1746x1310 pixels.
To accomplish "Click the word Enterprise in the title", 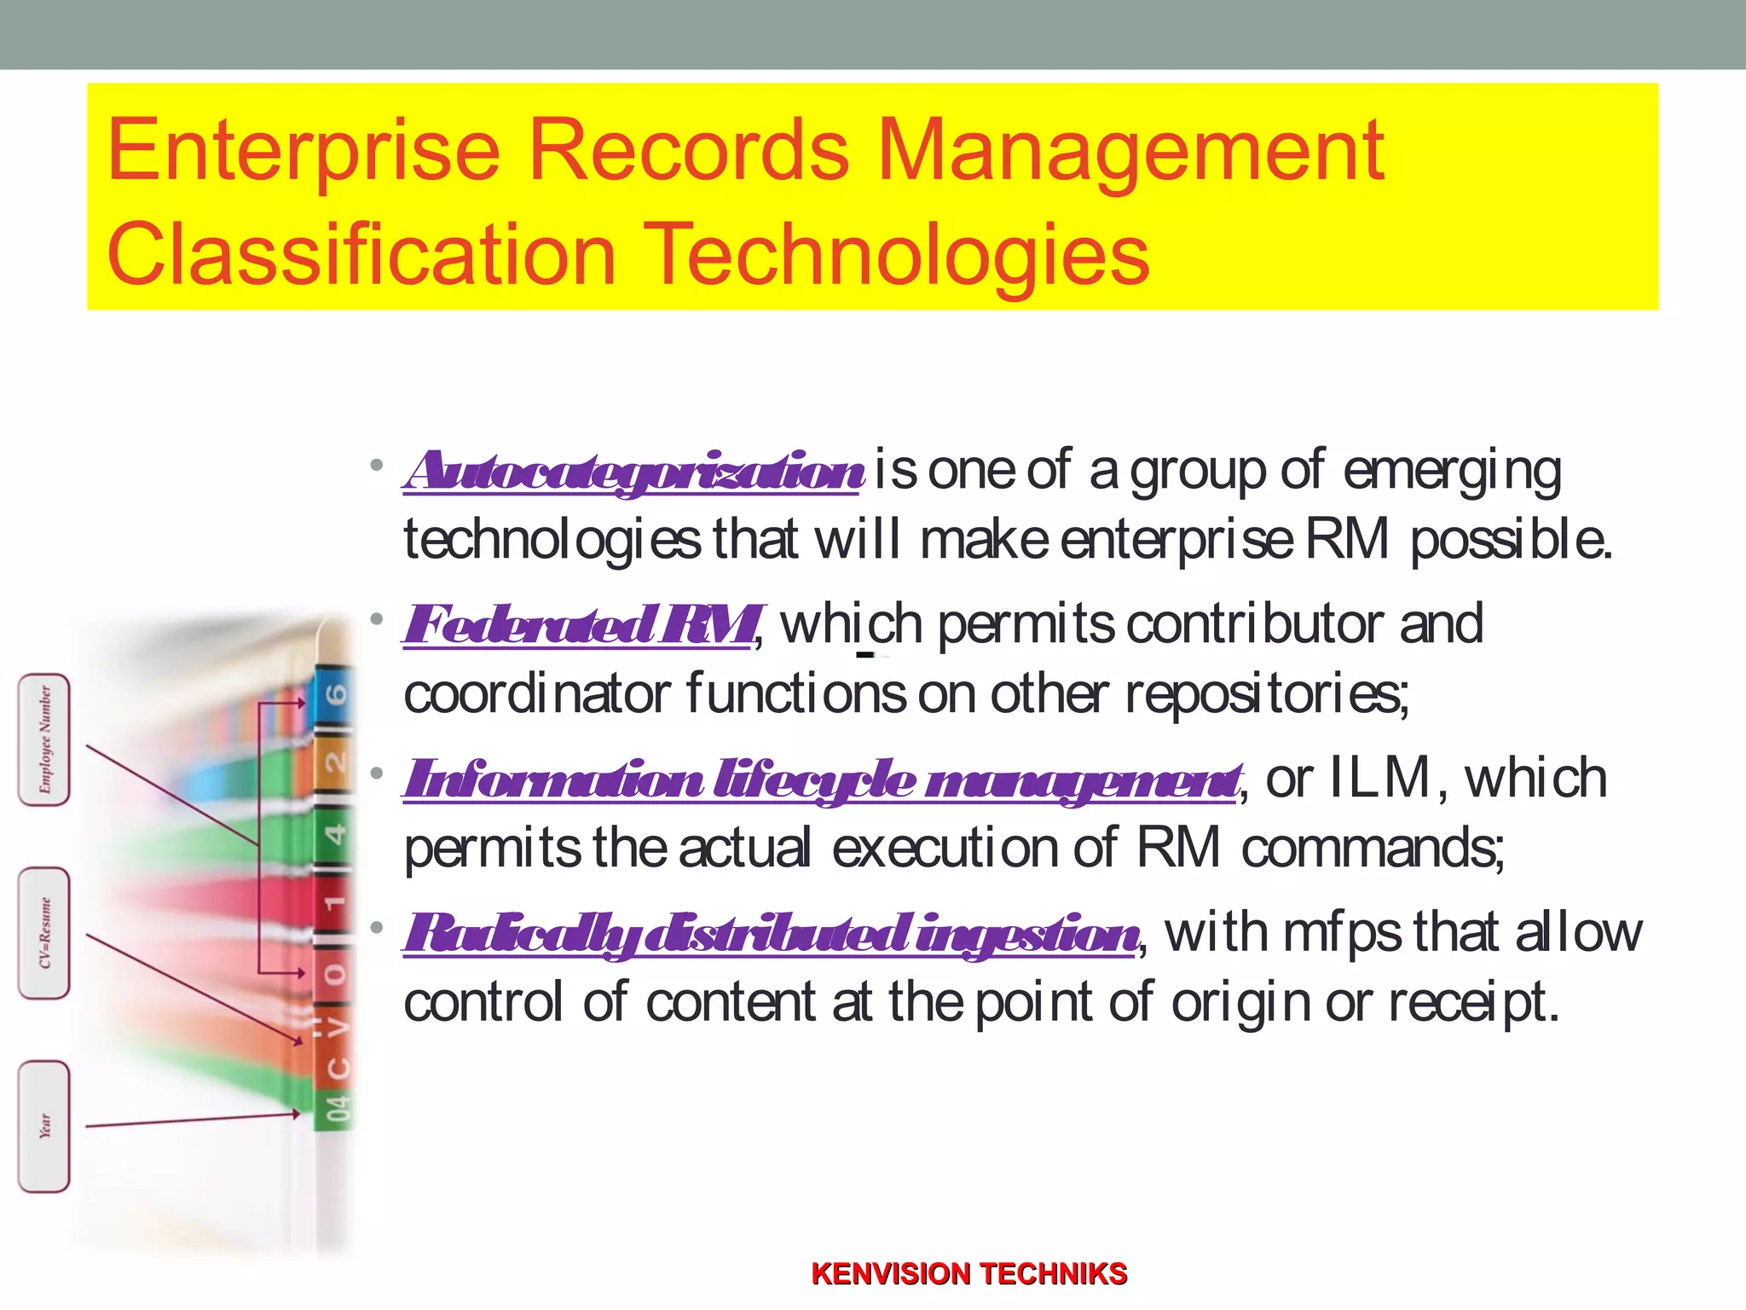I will (x=304, y=152).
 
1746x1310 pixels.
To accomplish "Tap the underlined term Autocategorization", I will (x=634, y=471).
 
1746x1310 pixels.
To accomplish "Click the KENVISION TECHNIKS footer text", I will (x=969, y=1273).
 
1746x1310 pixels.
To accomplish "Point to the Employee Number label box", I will (x=44, y=739).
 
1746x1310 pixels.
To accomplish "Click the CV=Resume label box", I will (x=44, y=933).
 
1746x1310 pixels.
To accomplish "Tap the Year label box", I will (x=44, y=1126).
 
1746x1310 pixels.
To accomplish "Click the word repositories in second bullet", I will (x=1266, y=693).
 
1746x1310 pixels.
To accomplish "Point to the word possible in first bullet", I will (x=1511, y=540).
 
